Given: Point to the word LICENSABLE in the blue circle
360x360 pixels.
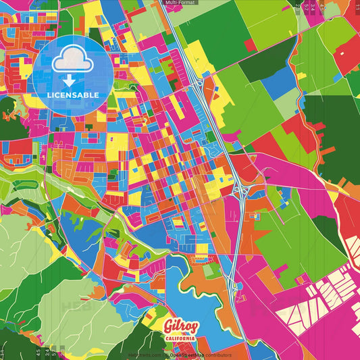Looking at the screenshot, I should (x=72, y=95).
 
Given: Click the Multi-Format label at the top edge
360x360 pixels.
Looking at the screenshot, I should (x=180, y=3).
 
